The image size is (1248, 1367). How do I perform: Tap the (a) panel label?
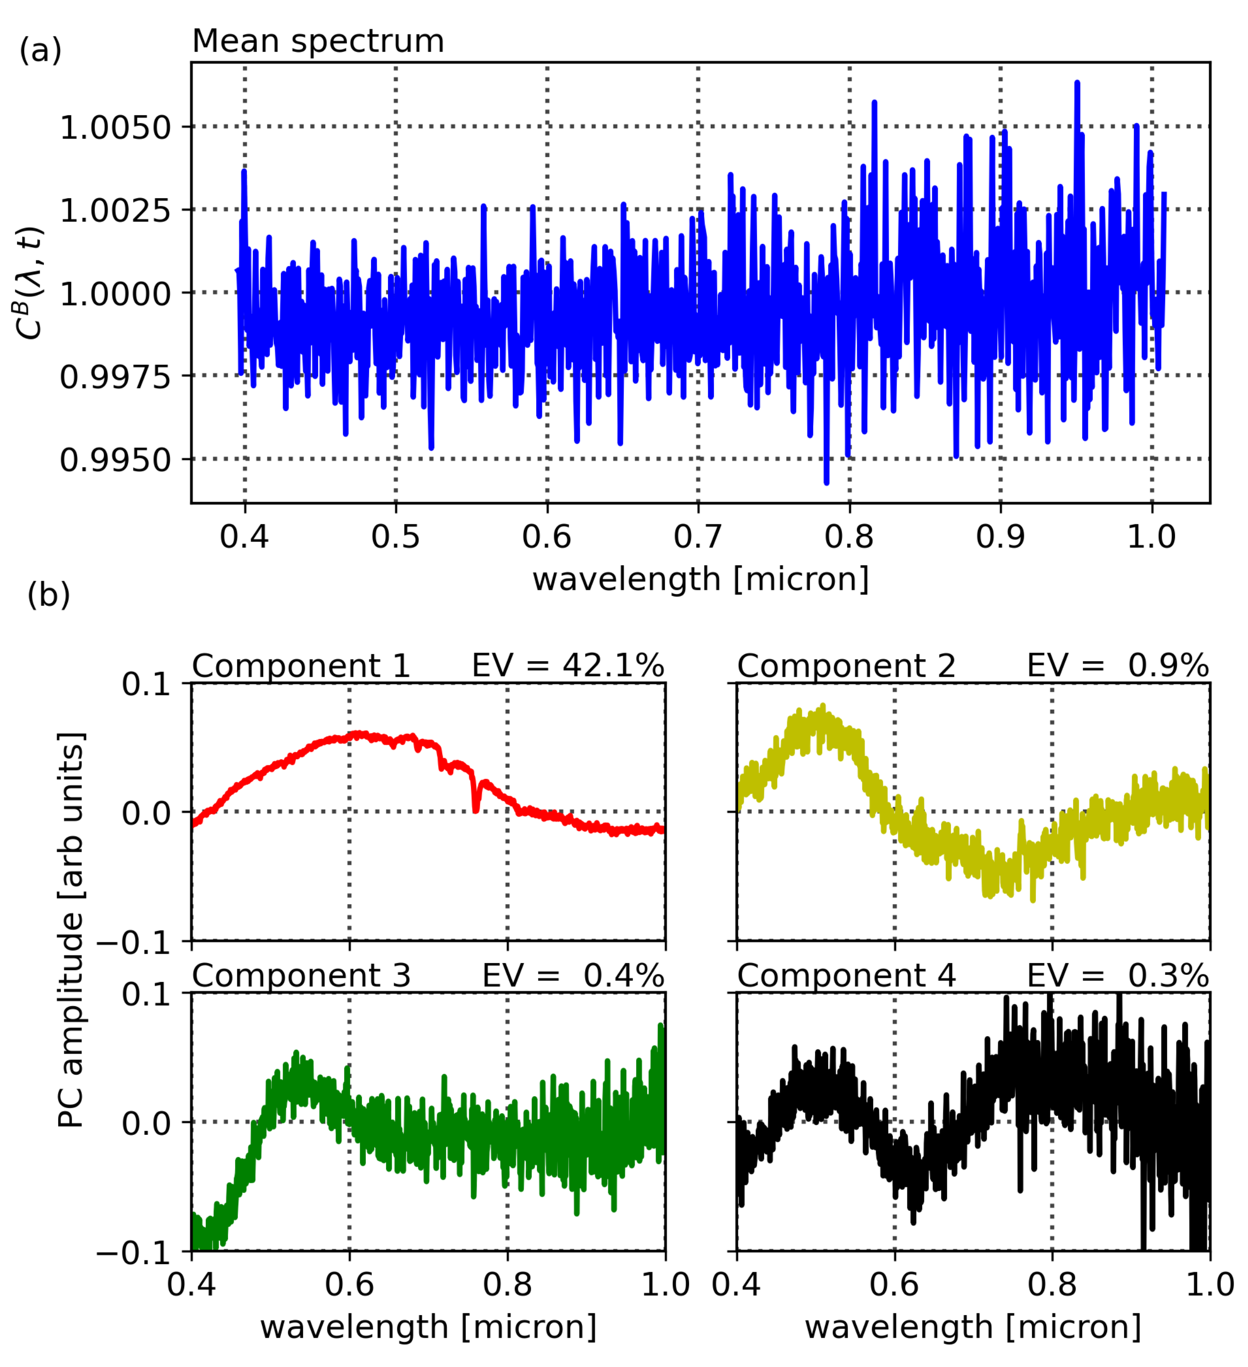(x=41, y=50)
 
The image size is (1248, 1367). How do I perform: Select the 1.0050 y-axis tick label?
(x=116, y=128)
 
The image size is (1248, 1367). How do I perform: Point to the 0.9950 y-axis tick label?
(x=116, y=460)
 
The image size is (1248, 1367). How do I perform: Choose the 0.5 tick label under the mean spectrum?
(x=395, y=536)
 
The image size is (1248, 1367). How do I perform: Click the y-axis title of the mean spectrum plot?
(x=30, y=284)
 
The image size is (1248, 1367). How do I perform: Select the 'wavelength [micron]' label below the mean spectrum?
(x=700, y=580)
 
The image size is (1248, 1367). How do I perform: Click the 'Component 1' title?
(x=301, y=666)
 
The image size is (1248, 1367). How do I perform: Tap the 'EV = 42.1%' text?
(x=568, y=666)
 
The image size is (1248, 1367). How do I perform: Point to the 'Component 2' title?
(x=846, y=666)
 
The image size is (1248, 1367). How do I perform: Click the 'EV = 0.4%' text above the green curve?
(x=573, y=976)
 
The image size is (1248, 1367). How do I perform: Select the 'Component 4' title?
(x=846, y=976)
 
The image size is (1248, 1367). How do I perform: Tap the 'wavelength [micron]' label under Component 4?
(x=973, y=1327)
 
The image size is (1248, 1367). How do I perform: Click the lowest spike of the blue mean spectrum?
(x=827, y=482)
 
